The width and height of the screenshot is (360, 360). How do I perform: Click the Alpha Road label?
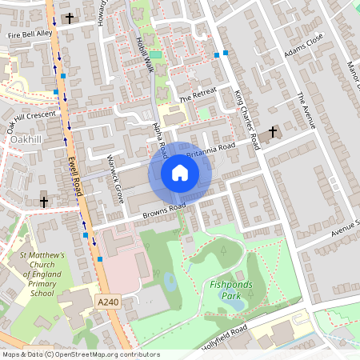point(160,139)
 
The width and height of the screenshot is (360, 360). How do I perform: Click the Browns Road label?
point(164,211)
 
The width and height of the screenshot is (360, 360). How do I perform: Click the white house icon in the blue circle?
point(180,172)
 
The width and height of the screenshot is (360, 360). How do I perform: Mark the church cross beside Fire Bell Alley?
point(69,18)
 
